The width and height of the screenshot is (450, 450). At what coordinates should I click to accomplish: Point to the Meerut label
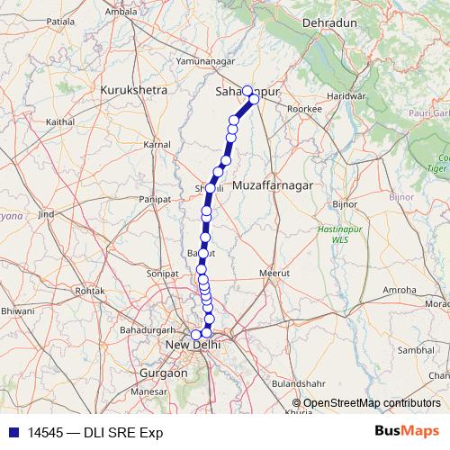[x=271, y=271]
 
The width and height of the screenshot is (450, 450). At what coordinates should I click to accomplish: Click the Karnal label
[x=157, y=144]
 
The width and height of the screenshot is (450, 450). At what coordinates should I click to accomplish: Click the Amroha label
[x=400, y=290]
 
